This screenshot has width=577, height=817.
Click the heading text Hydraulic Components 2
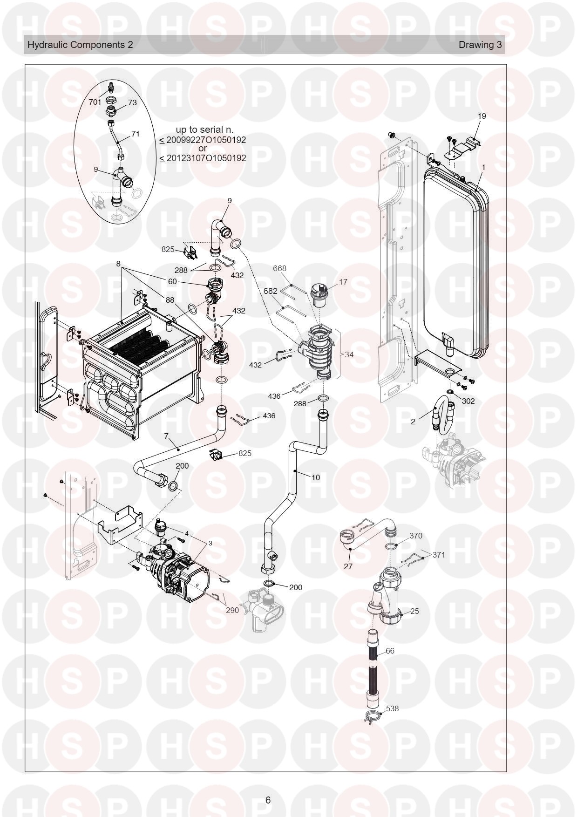click(80, 45)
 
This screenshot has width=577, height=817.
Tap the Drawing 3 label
click(481, 45)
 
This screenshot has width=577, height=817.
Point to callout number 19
click(482, 116)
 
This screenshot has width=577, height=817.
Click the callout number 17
click(343, 282)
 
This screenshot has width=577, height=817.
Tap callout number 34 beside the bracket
click(349, 354)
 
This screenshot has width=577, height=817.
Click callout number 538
click(392, 708)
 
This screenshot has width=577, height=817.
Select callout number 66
click(390, 651)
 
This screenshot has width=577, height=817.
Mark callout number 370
click(415, 536)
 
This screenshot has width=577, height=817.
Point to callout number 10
click(316, 477)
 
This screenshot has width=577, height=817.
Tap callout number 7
click(166, 436)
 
